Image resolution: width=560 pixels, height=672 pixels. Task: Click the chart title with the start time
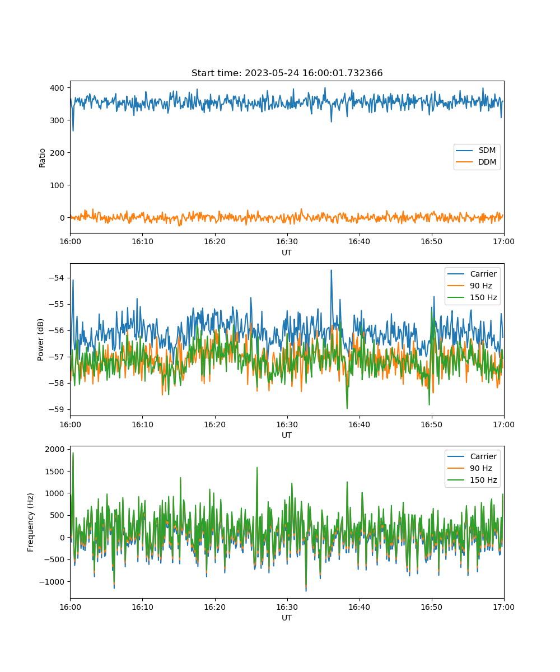coord(287,73)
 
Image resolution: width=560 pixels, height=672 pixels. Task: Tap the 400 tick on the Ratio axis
coord(57,88)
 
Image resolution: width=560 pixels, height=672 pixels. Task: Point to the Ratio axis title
coord(42,158)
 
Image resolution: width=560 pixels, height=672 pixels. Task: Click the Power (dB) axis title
coord(40,339)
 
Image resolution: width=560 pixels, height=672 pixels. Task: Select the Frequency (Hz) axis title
coord(30,522)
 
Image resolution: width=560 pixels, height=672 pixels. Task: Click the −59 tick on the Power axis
coord(56,409)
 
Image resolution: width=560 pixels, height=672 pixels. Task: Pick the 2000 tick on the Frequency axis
coord(55,449)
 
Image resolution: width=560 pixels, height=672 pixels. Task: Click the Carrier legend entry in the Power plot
coord(472,274)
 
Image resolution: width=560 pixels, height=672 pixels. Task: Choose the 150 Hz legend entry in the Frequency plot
coord(472,480)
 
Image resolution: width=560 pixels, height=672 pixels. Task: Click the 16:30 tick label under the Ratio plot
coord(287,241)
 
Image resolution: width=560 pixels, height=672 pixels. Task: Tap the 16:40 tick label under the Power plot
coord(359,424)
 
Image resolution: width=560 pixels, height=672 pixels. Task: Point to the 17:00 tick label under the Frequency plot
coord(503,607)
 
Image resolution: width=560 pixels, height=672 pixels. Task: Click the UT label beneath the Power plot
coord(287,435)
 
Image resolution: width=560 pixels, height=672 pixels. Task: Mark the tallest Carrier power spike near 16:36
coord(331,270)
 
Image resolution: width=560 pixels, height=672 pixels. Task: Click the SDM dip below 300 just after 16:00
coord(73,130)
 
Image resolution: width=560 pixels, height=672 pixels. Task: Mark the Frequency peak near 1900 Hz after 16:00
coord(73,453)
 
